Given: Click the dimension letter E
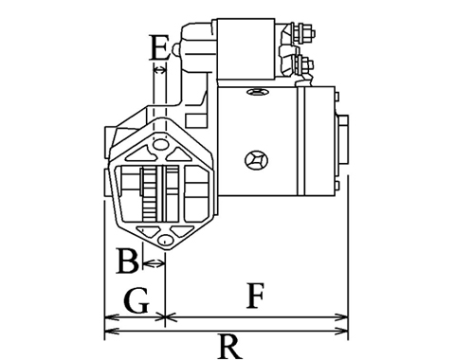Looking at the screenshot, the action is [x=158, y=47].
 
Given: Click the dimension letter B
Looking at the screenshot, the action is [x=128, y=261].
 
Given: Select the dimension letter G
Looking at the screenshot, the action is [x=136, y=300].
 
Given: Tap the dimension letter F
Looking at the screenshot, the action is [x=255, y=296].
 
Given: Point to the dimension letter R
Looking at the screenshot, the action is [x=230, y=347].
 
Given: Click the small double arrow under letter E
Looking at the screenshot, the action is [x=159, y=70].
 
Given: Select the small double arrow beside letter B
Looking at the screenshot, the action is [x=154, y=262].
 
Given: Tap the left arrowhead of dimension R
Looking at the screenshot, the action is [x=112, y=331].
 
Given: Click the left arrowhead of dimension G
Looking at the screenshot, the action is [x=112, y=317].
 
